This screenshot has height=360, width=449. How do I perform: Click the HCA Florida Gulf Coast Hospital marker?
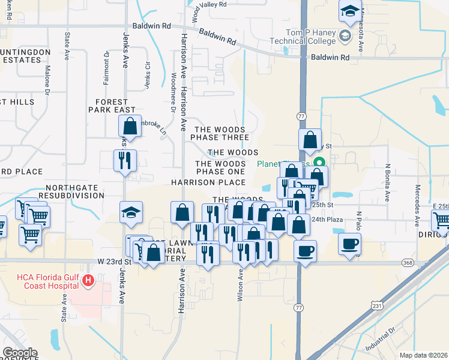[x=88, y=280]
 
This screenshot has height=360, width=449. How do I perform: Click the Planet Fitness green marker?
[x=321, y=162]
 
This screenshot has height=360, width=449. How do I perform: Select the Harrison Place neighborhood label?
[x=208, y=182]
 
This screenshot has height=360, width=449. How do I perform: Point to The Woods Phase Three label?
[x=218, y=133]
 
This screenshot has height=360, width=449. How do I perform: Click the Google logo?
[x=20, y=353]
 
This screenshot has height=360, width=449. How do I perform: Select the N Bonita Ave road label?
[x=388, y=179]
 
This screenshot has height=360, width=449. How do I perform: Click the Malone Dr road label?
[x=46, y=79]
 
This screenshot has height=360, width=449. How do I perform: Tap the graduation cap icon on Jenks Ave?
[x=131, y=213]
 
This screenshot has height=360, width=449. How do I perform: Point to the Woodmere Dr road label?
[x=173, y=93]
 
